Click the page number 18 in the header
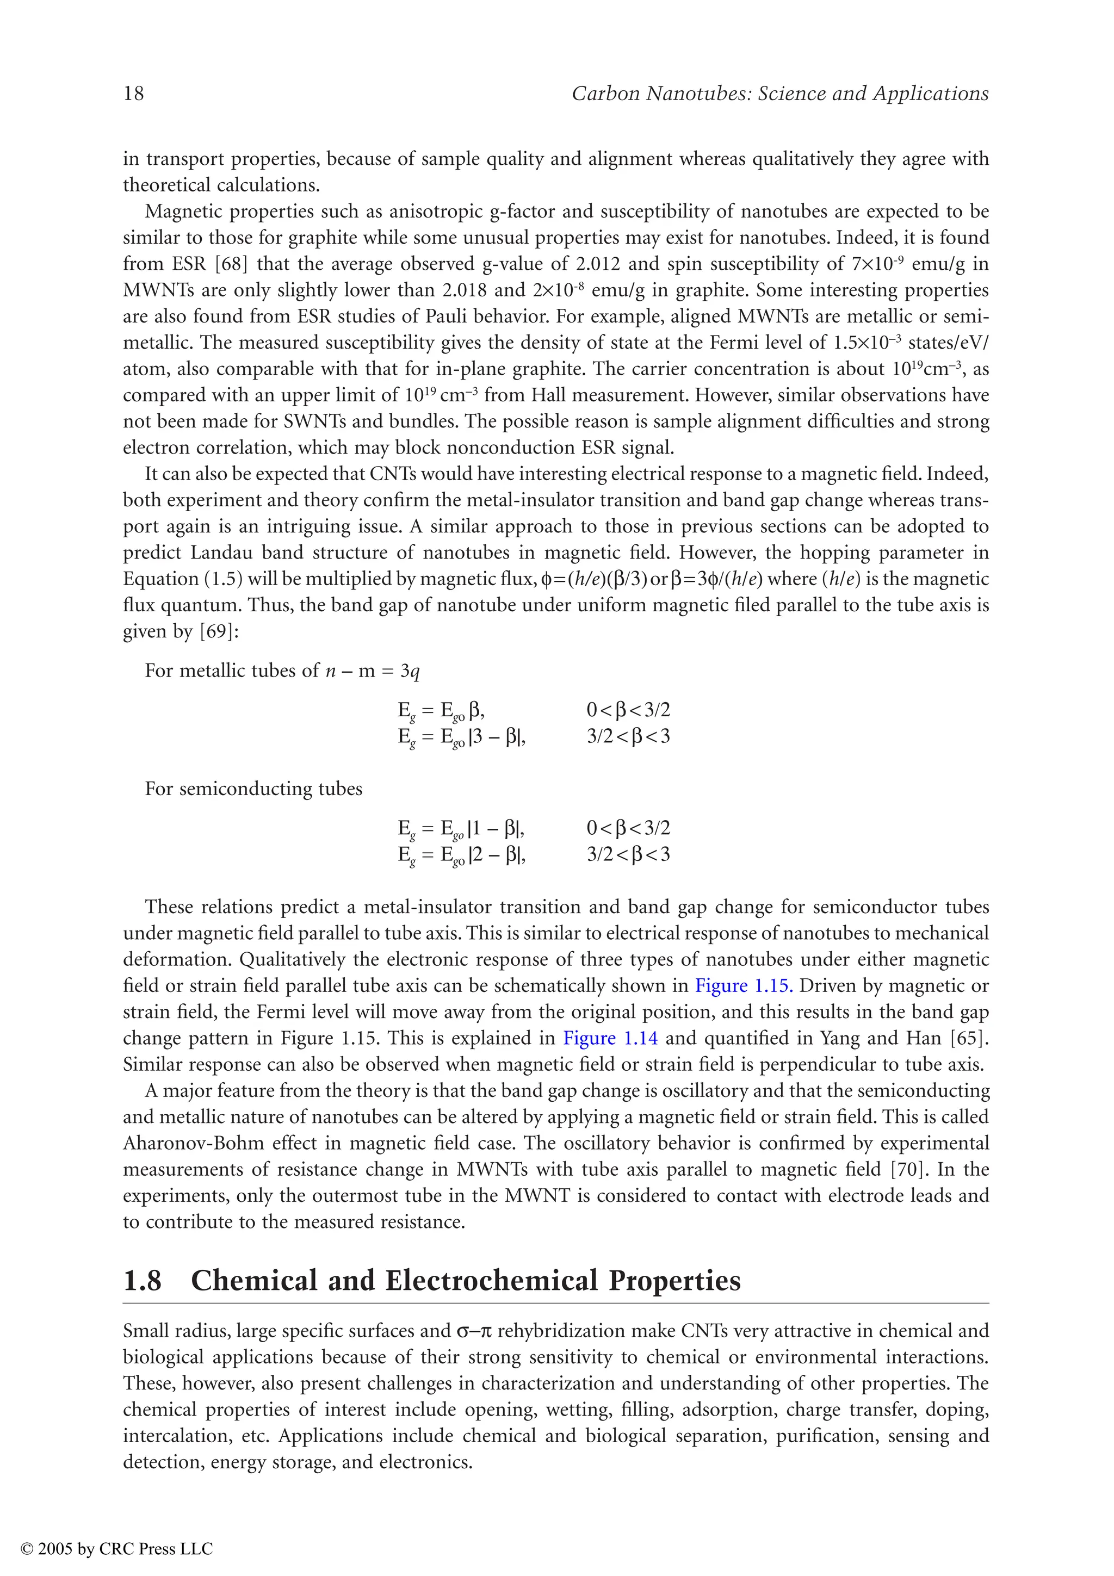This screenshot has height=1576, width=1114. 133,94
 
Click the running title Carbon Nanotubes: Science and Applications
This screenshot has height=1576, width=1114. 779,94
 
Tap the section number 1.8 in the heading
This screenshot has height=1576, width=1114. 142,1281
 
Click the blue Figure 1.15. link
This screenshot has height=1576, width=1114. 744,986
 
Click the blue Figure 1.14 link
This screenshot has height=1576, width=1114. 610,1038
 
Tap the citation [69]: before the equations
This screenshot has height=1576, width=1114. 219,631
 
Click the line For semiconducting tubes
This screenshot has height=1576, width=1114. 253,789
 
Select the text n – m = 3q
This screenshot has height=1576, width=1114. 372,671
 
